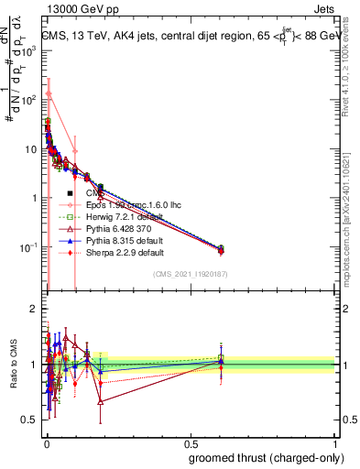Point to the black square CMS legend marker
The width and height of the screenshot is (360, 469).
[x=71, y=193]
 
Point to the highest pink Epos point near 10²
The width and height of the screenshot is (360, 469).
[x=49, y=94]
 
